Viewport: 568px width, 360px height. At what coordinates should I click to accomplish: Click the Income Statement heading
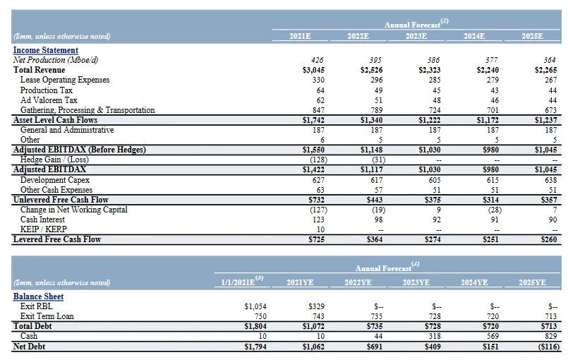45,50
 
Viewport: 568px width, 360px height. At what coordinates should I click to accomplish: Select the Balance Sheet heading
38,296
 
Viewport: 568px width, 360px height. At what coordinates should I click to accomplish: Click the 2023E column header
416,36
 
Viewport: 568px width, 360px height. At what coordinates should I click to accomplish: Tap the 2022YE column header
358,282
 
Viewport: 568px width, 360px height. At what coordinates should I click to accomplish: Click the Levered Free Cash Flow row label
57,239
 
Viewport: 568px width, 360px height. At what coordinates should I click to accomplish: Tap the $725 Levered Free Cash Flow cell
315,239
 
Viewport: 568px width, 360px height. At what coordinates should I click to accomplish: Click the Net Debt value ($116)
546,346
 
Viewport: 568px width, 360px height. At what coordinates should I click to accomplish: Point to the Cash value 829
548,336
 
